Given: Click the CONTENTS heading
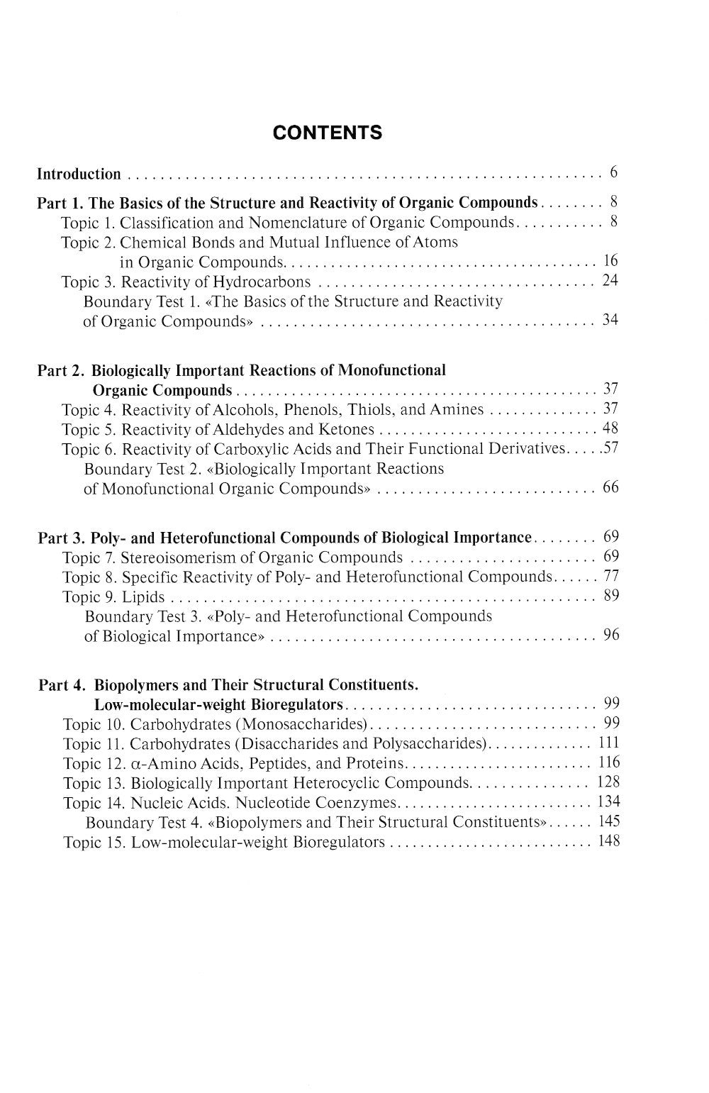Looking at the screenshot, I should [328, 133].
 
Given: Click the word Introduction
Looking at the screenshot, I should [79, 174].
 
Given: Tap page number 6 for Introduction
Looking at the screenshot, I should [613, 172].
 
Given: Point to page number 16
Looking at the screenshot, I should [610, 261].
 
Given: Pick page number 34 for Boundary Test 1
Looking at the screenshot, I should [610, 320].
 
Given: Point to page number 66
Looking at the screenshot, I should [610, 487].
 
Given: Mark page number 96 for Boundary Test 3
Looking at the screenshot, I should [610, 635].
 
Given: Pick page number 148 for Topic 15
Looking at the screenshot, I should [608, 841].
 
